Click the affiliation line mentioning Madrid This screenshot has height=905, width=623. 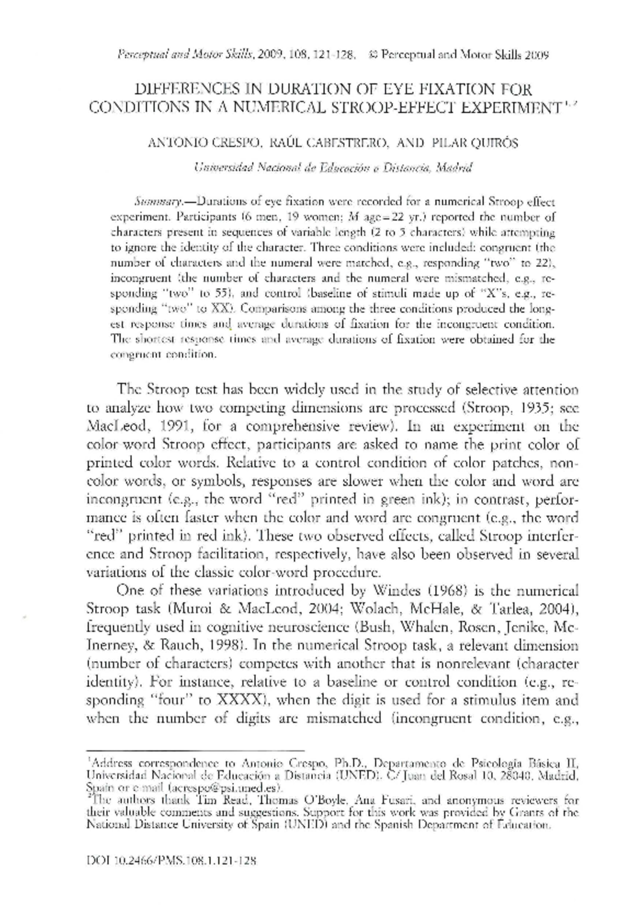point(332,168)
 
